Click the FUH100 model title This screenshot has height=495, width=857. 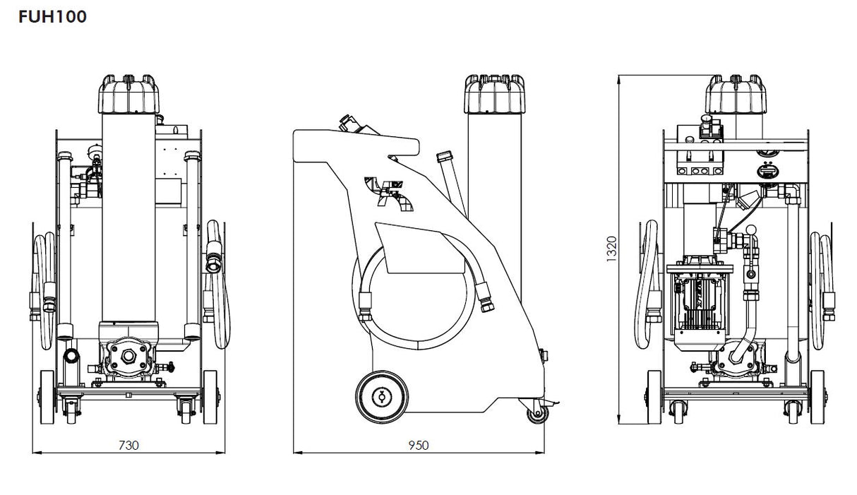tap(53, 17)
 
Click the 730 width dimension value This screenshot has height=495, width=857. tap(128, 445)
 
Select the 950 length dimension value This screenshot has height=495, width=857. tap(419, 445)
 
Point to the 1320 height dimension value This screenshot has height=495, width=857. tap(612, 249)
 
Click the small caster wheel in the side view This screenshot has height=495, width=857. tap(534, 415)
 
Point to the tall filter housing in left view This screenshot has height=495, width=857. tap(127, 219)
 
